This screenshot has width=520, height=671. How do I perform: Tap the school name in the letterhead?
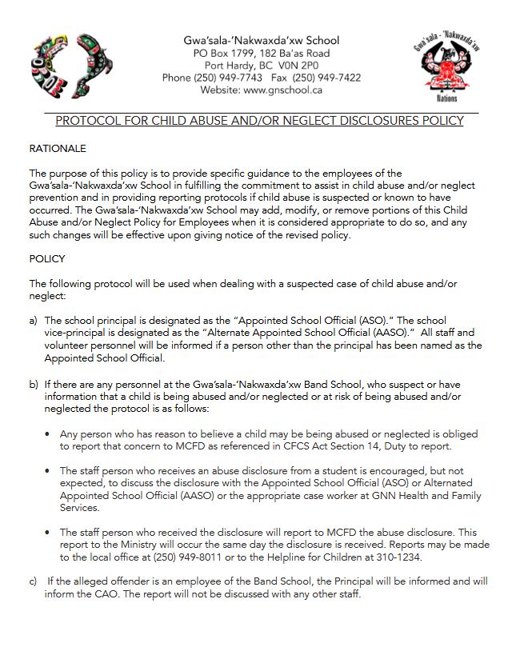pos(260,40)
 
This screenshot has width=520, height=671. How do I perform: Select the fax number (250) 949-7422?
pos(326,78)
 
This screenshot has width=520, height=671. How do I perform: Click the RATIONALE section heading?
pos(58,149)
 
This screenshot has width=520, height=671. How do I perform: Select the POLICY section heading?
pos(47,260)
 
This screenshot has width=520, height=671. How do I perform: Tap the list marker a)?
pos(34,320)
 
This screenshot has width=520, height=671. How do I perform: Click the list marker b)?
pos(34,384)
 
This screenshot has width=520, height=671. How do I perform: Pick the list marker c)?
pos(34,581)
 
